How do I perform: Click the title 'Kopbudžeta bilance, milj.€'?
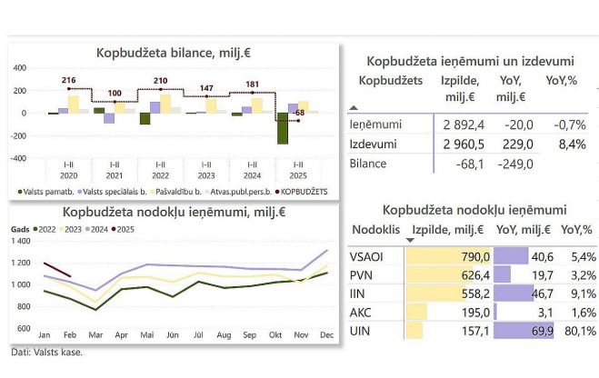(x=173, y=53)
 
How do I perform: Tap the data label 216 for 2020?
(x=68, y=81)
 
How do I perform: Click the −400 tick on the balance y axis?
(x=18, y=157)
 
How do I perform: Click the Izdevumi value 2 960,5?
(x=464, y=144)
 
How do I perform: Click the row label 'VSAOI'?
(x=366, y=257)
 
